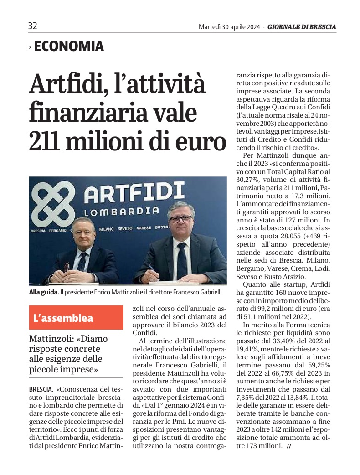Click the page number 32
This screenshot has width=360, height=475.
pyautogui.click(x=33, y=26)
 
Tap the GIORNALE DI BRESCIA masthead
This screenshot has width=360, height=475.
pyautogui.click(x=302, y=27)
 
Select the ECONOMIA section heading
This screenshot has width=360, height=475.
pyautogui.click(x=69, y=46)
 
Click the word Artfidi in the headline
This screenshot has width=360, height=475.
pyautogui.click(x=73, y=84)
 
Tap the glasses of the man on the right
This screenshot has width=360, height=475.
pyautogui.click(x=180, y=219)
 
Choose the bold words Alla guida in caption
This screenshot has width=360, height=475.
pyautogui.click(x=44, y=292)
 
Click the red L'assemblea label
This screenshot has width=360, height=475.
pyautogui.click(x=76, y=318)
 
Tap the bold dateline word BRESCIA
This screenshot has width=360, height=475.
pyautogui.click(x=41, y=390)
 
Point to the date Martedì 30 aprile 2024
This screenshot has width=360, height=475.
pyautogui.click(x=229, y=27)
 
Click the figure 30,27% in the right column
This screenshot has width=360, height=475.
pyautogui.click(x=249, y=180)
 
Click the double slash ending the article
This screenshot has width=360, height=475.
pyautogui.click(x=289, y=446)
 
